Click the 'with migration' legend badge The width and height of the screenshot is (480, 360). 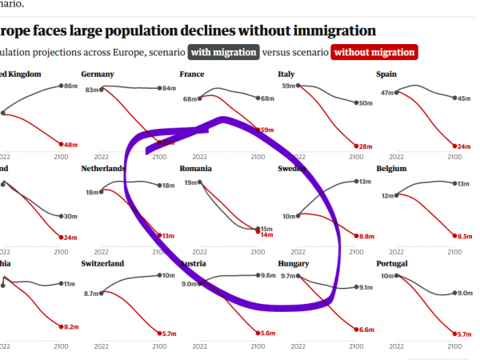[224, 53]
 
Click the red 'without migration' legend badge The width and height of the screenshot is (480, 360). [374, 53]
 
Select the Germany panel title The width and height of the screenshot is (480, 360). [98, 74]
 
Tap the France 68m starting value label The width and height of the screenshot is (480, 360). [190, 99]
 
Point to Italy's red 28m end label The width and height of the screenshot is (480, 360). [367, 146]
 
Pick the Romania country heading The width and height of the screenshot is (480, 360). [196, 169]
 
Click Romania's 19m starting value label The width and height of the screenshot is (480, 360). [190, 183]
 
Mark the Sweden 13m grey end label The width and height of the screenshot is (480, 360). [365, 182]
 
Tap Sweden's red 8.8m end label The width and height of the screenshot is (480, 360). [367, 237]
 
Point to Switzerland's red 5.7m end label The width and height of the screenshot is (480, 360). [168, 334]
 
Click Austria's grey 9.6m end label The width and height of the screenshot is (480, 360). [267, 276]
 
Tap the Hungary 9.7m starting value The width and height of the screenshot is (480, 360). [288, 276]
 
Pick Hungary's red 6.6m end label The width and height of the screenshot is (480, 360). [367, 330]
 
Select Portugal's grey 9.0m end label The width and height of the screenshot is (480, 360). [464, 293]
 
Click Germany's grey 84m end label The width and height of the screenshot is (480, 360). [169, 88]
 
